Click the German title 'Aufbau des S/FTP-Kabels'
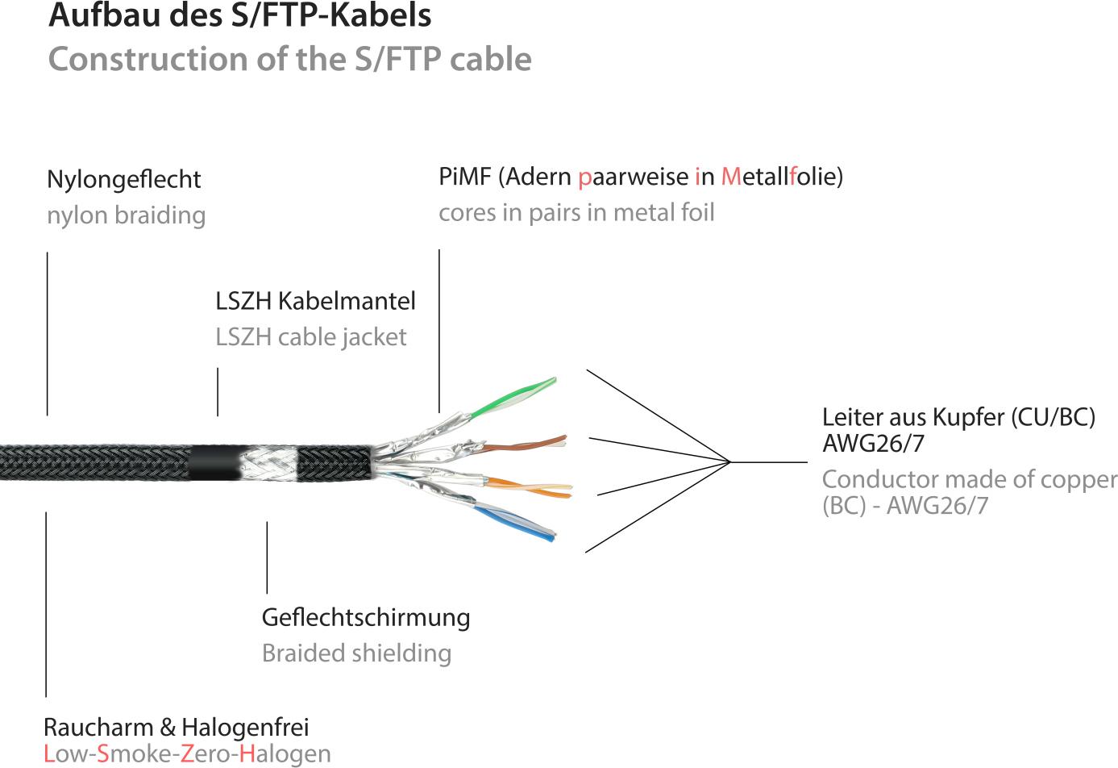tap(239, 16)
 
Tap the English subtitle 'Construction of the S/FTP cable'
tap(289, 59)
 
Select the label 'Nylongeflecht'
tap(123, 179)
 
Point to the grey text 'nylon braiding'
tap(126, 215)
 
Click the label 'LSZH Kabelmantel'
tap(315, 302)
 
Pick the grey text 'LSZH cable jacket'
tap(310, 337)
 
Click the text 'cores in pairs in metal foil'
tap(576, 212)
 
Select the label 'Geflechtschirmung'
tap(365, 617)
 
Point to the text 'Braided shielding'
tap(355, 653)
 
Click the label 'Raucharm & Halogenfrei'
tap(176, 727)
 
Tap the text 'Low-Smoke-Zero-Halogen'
tap(186, 754)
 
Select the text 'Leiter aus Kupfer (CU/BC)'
tap(958, 417)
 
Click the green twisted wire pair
tap(516, 398)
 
